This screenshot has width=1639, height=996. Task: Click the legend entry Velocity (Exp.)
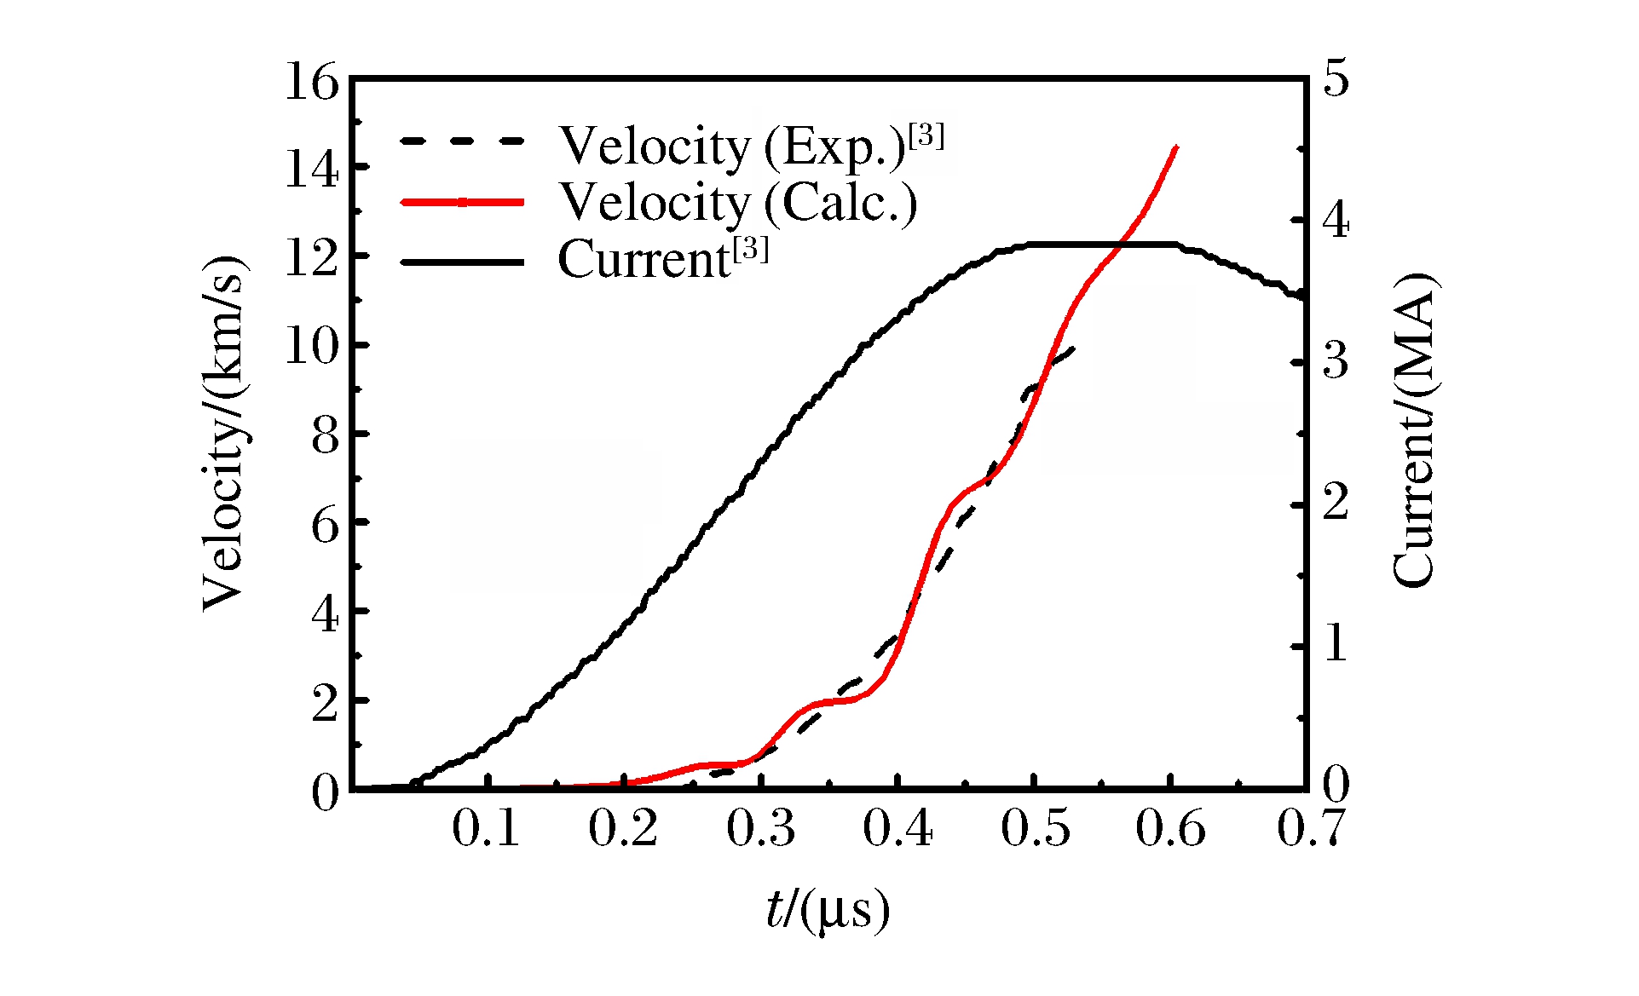[750, 146]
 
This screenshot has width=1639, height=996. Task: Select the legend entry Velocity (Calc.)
[737, 203]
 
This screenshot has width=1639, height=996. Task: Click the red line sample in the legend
[462, 203]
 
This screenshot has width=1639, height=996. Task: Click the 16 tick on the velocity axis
[311, 83]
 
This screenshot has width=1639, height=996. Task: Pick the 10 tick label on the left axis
[311, 346]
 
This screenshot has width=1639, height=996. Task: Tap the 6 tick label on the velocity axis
[325, 524]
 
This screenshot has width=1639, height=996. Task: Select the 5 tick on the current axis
[1336, 79]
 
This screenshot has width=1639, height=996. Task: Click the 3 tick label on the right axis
[1336, 361]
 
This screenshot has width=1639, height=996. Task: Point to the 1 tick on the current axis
[1336, 644]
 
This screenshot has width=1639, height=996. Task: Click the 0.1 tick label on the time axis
[486, 829]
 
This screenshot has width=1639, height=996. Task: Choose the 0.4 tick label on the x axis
[897, 829]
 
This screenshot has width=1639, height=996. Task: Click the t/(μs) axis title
[827, 911]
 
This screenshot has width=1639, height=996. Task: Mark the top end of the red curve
[1177, 147]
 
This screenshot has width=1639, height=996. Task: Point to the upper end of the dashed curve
[1076, 346]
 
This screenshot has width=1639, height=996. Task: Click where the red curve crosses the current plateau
[1122, 245]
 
